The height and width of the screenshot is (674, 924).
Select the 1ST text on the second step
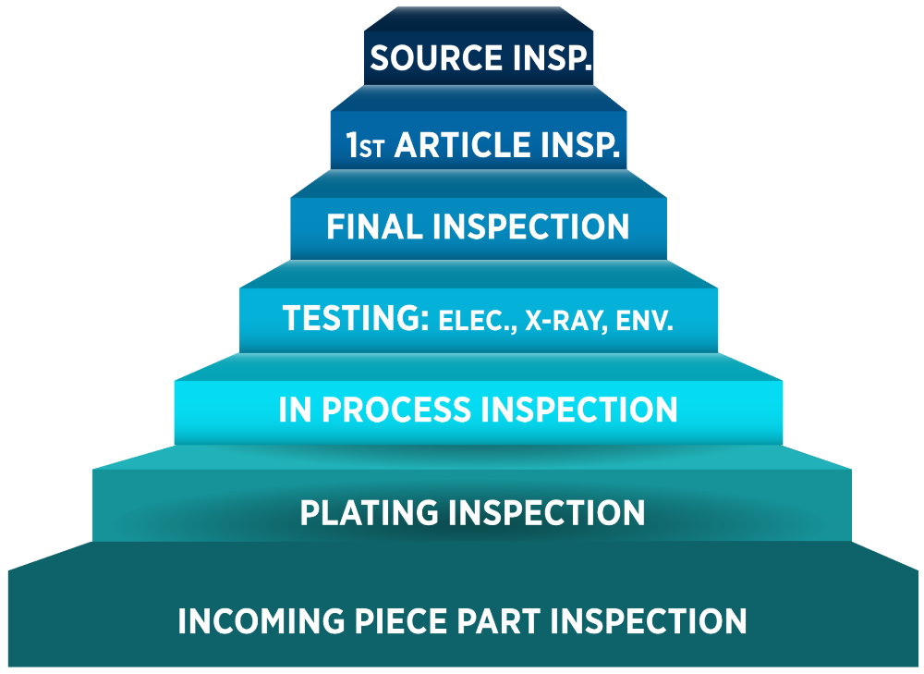pyautogui.click(x=365, y=145)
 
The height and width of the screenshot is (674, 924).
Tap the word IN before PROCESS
pyautogui.click(x=295, y=410)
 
